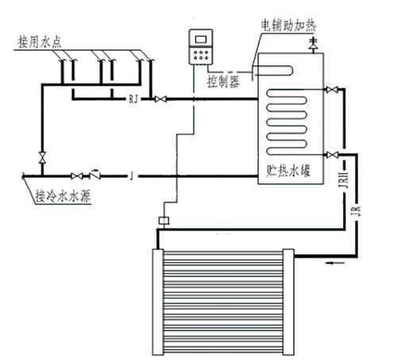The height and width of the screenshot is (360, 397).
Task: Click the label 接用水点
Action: tap(40, 42)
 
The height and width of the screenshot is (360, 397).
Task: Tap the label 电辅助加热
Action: tap(288, 25)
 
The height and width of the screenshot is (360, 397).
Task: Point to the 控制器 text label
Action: tap(223, 81)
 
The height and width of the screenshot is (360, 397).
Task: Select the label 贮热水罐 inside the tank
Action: tap(288, 170)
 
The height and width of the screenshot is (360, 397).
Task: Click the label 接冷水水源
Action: tap(64, 196)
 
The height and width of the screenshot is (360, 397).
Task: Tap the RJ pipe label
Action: tap(133, 99)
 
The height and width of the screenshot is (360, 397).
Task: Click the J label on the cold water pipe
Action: tap(132, 176)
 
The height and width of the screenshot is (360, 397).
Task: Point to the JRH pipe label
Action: tap(344, 180)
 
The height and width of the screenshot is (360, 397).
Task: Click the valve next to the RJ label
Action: tap(160, 99)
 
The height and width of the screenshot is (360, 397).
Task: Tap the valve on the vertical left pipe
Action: tap(42, 157)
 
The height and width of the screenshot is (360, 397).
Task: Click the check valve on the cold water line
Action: tap(94, 175)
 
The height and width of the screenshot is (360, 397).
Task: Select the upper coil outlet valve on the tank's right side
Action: tap(332, 90)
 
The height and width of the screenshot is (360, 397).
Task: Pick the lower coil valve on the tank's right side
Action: tap(332, 155)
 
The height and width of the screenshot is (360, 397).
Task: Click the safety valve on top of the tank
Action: tap(314, 45)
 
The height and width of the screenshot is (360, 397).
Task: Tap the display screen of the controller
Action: tap(201, 40)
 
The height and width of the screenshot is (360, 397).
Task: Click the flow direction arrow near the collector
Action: tap(335, 263)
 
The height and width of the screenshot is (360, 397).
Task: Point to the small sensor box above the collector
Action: tap(164, 220)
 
